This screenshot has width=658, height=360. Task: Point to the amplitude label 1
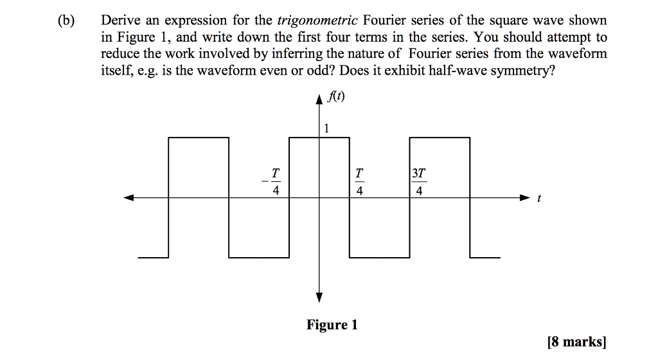[x=326, y=129]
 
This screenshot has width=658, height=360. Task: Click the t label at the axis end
[x=539, y=199]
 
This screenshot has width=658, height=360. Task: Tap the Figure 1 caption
[x=332, y=325]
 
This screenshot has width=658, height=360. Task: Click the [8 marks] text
[x=574, y=341]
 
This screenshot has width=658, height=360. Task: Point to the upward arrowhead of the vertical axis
[x=319, y=100]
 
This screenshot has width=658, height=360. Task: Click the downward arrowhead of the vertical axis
[x=319, y=296]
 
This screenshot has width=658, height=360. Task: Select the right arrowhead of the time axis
[x=524, y=198]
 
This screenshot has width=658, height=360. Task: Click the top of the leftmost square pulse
[x=199, y=137]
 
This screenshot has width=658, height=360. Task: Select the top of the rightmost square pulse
[x=440, y=137]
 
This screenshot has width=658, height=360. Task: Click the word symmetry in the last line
[x=515, y=70]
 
